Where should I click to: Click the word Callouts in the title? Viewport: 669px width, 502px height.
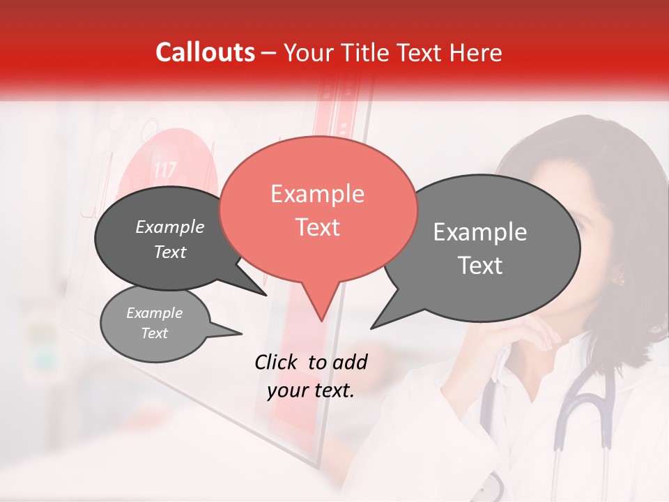tap(205, 52)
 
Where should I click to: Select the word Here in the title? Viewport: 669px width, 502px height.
tap(477, 53)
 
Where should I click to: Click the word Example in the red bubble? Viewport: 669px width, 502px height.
tap(317, 194)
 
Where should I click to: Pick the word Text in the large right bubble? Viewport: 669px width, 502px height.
tap(480, 266)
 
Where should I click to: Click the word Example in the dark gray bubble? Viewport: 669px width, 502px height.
tap(169, 227)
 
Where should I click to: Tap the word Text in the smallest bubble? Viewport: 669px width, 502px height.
tap(154, 333)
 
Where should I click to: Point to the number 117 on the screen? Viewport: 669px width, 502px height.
tap(164, 169)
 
